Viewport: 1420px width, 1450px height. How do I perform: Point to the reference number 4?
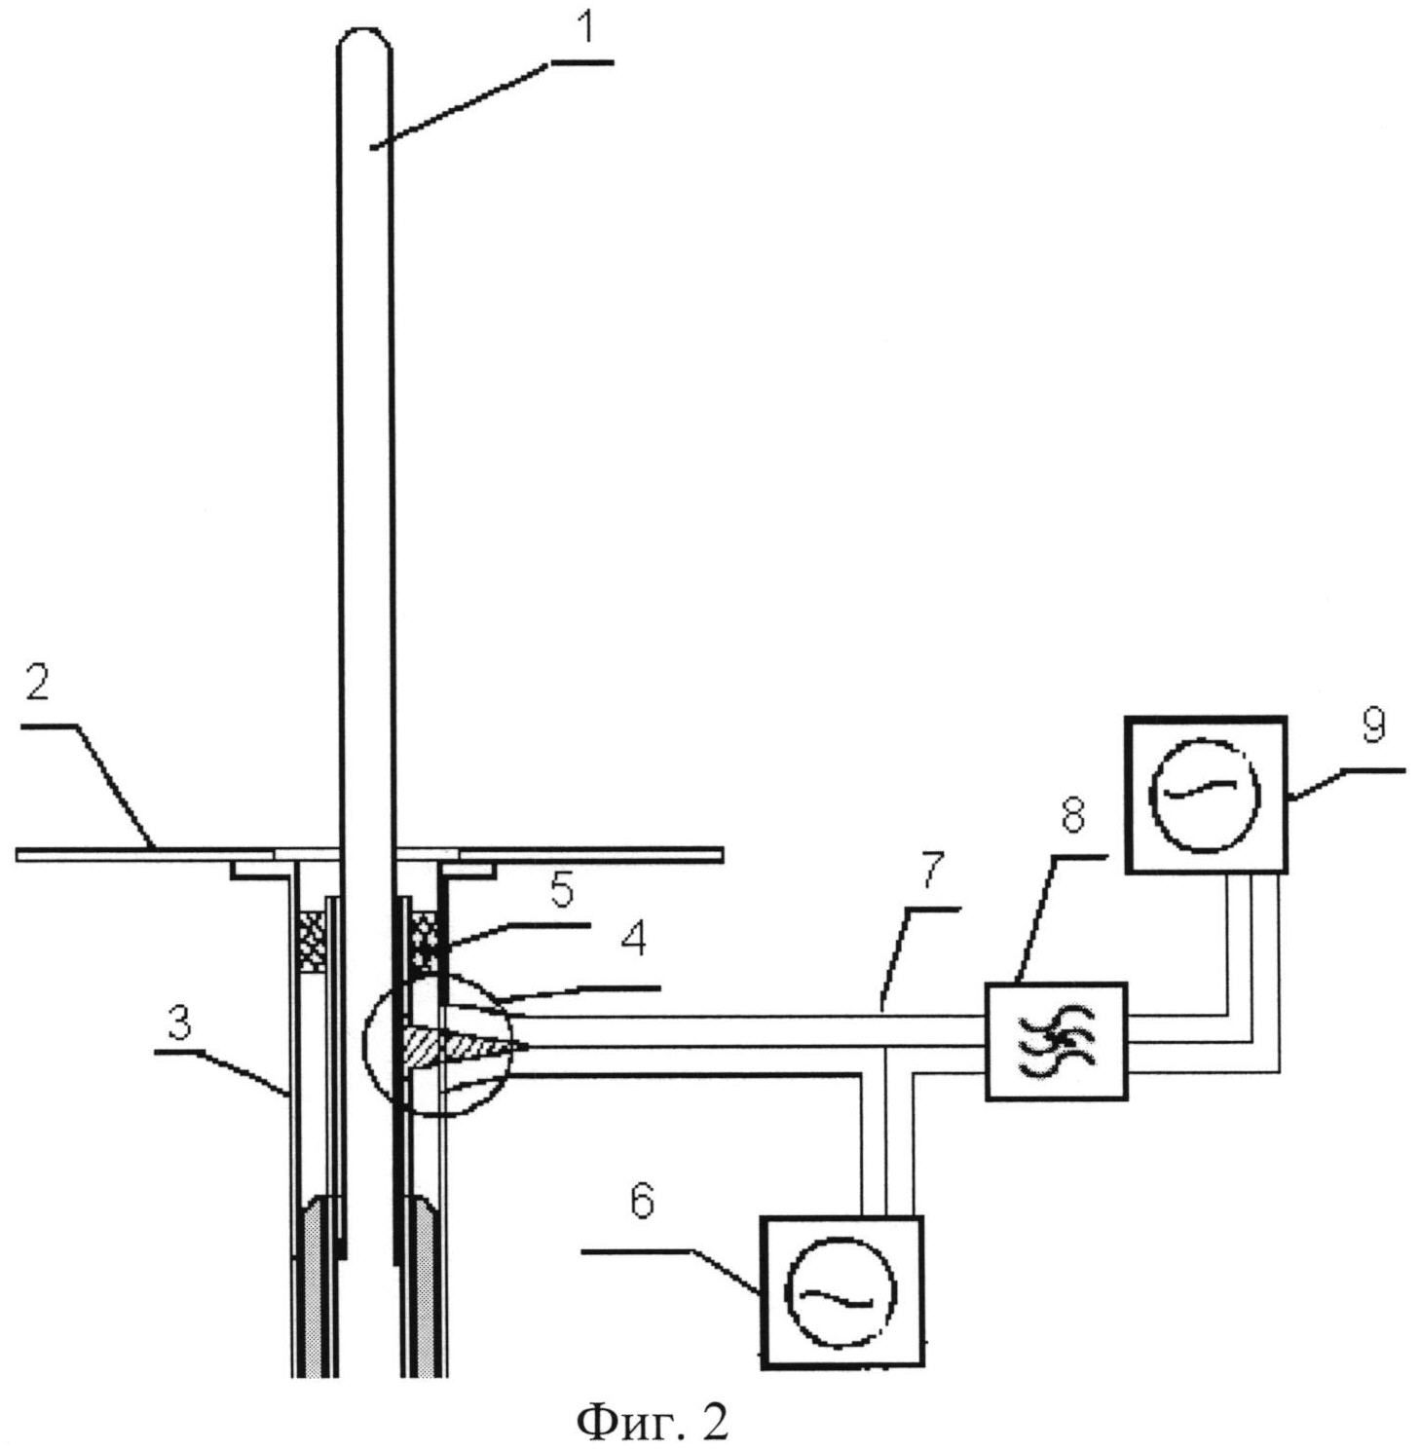click(634, 940)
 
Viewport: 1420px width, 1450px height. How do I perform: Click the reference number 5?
click(562, 891)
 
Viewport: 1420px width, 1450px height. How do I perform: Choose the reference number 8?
click(1072, 815)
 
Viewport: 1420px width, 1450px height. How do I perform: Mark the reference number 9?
click(1373, 725)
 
